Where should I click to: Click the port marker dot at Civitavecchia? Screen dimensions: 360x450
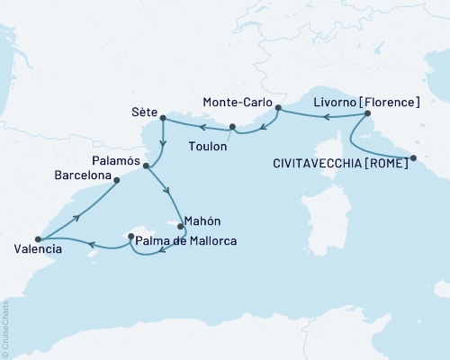[x=413, y=158]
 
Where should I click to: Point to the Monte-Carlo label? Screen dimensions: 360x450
[x=237, y=102]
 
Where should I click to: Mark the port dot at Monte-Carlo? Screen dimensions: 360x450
[x=278, y=109]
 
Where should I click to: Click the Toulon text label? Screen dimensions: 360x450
[x=208, y=143]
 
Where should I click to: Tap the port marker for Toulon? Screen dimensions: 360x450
[x=232, y=127]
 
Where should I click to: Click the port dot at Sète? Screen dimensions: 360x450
[x=162, y=118]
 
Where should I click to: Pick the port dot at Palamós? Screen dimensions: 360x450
[x=146, y=166]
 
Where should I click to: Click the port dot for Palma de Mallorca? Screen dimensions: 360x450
[x=131, y=238]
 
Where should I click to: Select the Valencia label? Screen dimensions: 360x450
[x=38, y=248]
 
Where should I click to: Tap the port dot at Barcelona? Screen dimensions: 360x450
[x=117, y=180]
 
